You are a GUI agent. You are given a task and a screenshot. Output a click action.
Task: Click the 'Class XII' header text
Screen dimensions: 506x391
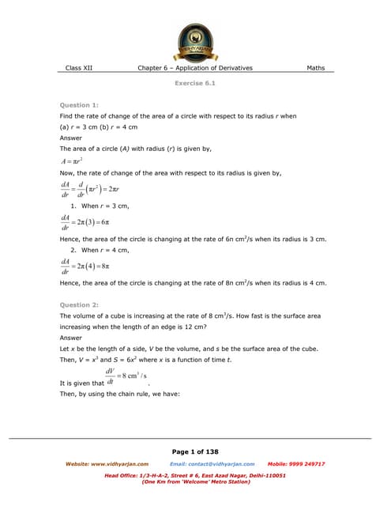pyautogui.click(x=79, y=68)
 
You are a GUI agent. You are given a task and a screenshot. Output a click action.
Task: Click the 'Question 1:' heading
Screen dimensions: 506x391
pyautogui.click(x=80, y=105)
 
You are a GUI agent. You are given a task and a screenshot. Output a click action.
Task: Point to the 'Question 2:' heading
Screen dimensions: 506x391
pyautogui.click(x=80, y=304)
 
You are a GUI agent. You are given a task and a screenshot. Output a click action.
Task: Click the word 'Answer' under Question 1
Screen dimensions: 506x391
pyautogui.click(x=71, y=138)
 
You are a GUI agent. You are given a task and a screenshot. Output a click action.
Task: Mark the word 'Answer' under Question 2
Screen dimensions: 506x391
pyautogui.click(x=71, y=338)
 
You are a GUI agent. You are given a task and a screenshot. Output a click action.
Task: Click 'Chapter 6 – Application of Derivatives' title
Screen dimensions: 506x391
pyautogui.click(x=195, y=68)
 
